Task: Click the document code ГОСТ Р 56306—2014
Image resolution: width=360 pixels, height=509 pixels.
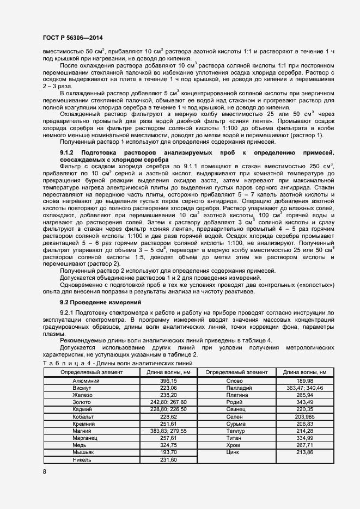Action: pyautogui.click(x=72, y=38)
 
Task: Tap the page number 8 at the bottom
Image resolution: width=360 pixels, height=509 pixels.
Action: pyautogui.click(x=44, y=471)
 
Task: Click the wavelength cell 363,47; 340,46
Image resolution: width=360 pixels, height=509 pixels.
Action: pyautogui.click(x=304, y=388)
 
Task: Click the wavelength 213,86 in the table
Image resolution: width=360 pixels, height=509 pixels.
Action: pyautogui.click(x=304, y=452)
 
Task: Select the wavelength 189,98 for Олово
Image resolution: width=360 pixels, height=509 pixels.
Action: pyautogui.click(x=304, y=381)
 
